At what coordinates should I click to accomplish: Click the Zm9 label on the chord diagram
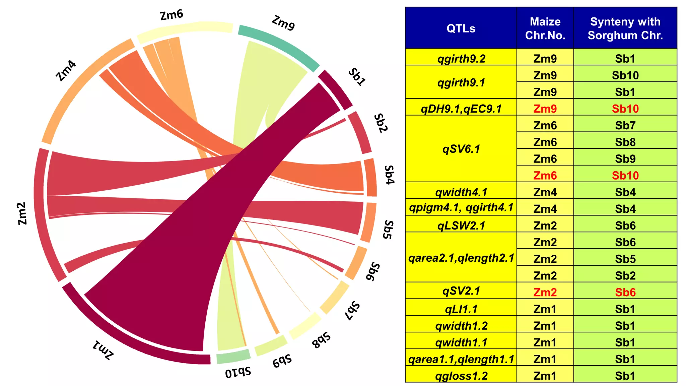pyautogui.click(x=283, y=23)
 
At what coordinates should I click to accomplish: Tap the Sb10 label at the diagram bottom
pyautogui.click(x=238, y=372)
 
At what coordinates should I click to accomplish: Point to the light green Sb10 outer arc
pyautogui.click(x=233, y=357)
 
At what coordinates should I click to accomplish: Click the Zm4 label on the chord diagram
pyautogui.click(x=66, y=71)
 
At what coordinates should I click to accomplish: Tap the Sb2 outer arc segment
pyautogui.click(x=360, y=133)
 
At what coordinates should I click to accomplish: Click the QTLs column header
pyautogui.click(x=461, y=28)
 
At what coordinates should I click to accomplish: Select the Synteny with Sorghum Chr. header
pyautogui.click(x=625, y=28)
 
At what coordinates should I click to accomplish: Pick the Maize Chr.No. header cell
pyautogui.click(x=545, y=28)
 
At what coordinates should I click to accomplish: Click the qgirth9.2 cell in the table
pyautogui.click(x=461, y=58)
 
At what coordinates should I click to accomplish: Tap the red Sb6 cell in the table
pyautogui.click(x=625, y=292)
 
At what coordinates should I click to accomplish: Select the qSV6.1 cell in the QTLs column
pyautogui.click(x=461, y=148)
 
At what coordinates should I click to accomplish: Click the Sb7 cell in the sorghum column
pyautogui.click(x=625, y=125)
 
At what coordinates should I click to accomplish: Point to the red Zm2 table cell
pyautogui.click(x=545, y=292)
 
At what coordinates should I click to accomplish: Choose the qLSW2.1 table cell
pyautogui.click(x=461, y=225)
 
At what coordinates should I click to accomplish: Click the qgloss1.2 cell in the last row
pyautogui.click(x=461, y=375)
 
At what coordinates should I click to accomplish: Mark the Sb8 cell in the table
pyautogui.click(x=625, y=142)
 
